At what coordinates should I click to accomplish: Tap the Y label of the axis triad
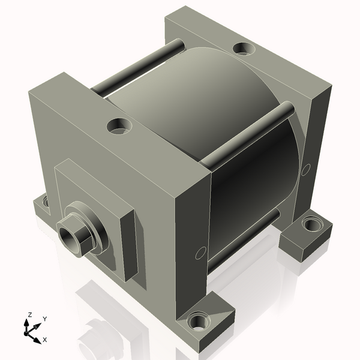pos(45,319)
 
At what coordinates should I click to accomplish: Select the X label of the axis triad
pos(45,340)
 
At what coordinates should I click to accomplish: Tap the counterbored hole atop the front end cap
pos(118,126)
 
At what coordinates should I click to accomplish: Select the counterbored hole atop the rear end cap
pos(242,48)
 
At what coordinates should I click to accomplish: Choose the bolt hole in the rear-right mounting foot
pos(311,225)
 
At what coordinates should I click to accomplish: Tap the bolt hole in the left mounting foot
pos(46,202)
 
